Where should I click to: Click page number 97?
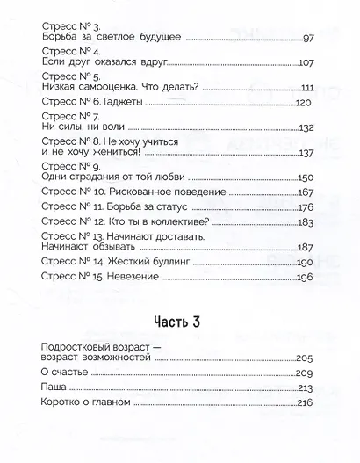click(307, 39)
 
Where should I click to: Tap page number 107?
click(306, 63)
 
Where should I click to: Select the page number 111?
click(306, 88)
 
